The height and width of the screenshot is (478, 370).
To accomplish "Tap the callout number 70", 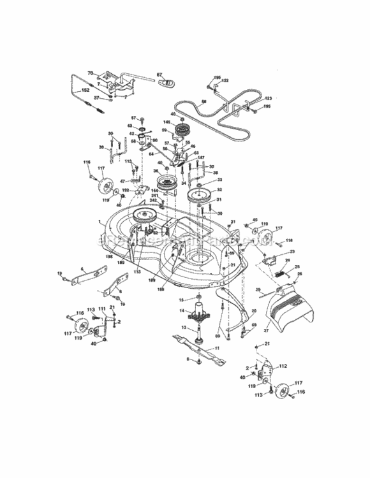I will (90, 73).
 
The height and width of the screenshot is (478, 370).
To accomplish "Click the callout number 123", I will (268, 98).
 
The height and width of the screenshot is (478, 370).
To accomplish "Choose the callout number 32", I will (219, 190).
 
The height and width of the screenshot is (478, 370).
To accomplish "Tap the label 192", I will (126, 190).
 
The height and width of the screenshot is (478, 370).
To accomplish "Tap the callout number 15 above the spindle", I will (182, 299).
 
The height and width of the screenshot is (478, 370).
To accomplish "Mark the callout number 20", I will (254, 311).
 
